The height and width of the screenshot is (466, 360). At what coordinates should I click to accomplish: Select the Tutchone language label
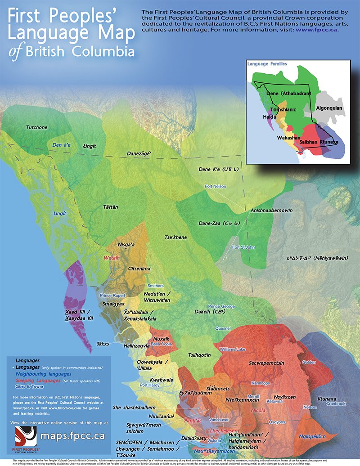coord(36,127)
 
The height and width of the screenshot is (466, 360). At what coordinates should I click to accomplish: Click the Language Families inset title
coord(267,64)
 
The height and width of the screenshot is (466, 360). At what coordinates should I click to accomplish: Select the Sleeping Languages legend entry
coord(36,381)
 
